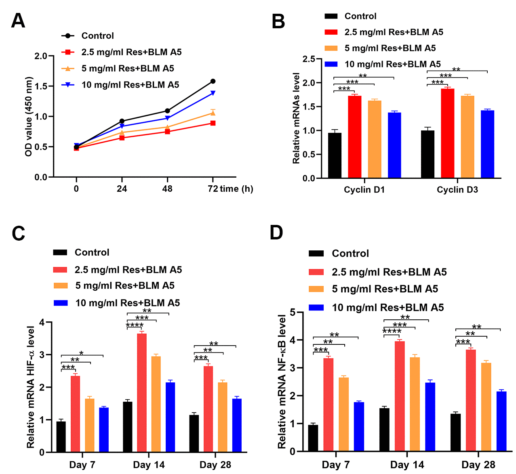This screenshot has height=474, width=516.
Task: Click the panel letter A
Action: pyautogui.click(x=18, y=21)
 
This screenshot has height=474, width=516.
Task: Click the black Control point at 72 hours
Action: pyautogui.click(x=213, y=81)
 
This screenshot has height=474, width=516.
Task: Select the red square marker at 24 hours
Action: pyautogui.click(x=122, y=138)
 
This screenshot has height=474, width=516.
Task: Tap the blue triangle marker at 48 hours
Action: pyautogui.click(x=167, y=118)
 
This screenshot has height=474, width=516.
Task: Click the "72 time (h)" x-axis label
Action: pyautogui.click(x=230, y=189)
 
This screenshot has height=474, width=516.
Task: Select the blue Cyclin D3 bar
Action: pyautogui.click(x=487, y=144)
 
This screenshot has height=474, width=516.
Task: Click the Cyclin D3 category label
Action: pyautogui.click(x=457, y=190)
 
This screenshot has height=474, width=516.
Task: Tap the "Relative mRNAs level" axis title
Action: pyautogui.click(x=296, y=118)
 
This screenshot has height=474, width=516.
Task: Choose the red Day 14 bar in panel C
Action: pyautogui.click(x=142, y=392)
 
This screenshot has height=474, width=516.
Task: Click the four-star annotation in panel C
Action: pyautogui.click(x=135, y=325)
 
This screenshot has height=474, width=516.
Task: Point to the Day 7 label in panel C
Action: pyautogui.click(x=82, y=465)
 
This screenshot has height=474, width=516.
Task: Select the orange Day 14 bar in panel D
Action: pyautogui.click(x=415, y=404)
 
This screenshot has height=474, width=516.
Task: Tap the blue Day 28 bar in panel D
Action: pyautogui.click(x=501, y=421)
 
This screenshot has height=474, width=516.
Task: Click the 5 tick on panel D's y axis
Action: pyautogui.click(x=293, y=313)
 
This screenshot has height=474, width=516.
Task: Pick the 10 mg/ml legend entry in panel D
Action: pyautogui.click(x=388, y=308)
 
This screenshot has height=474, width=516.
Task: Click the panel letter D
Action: pyautogui.click(x=276, y=233)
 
